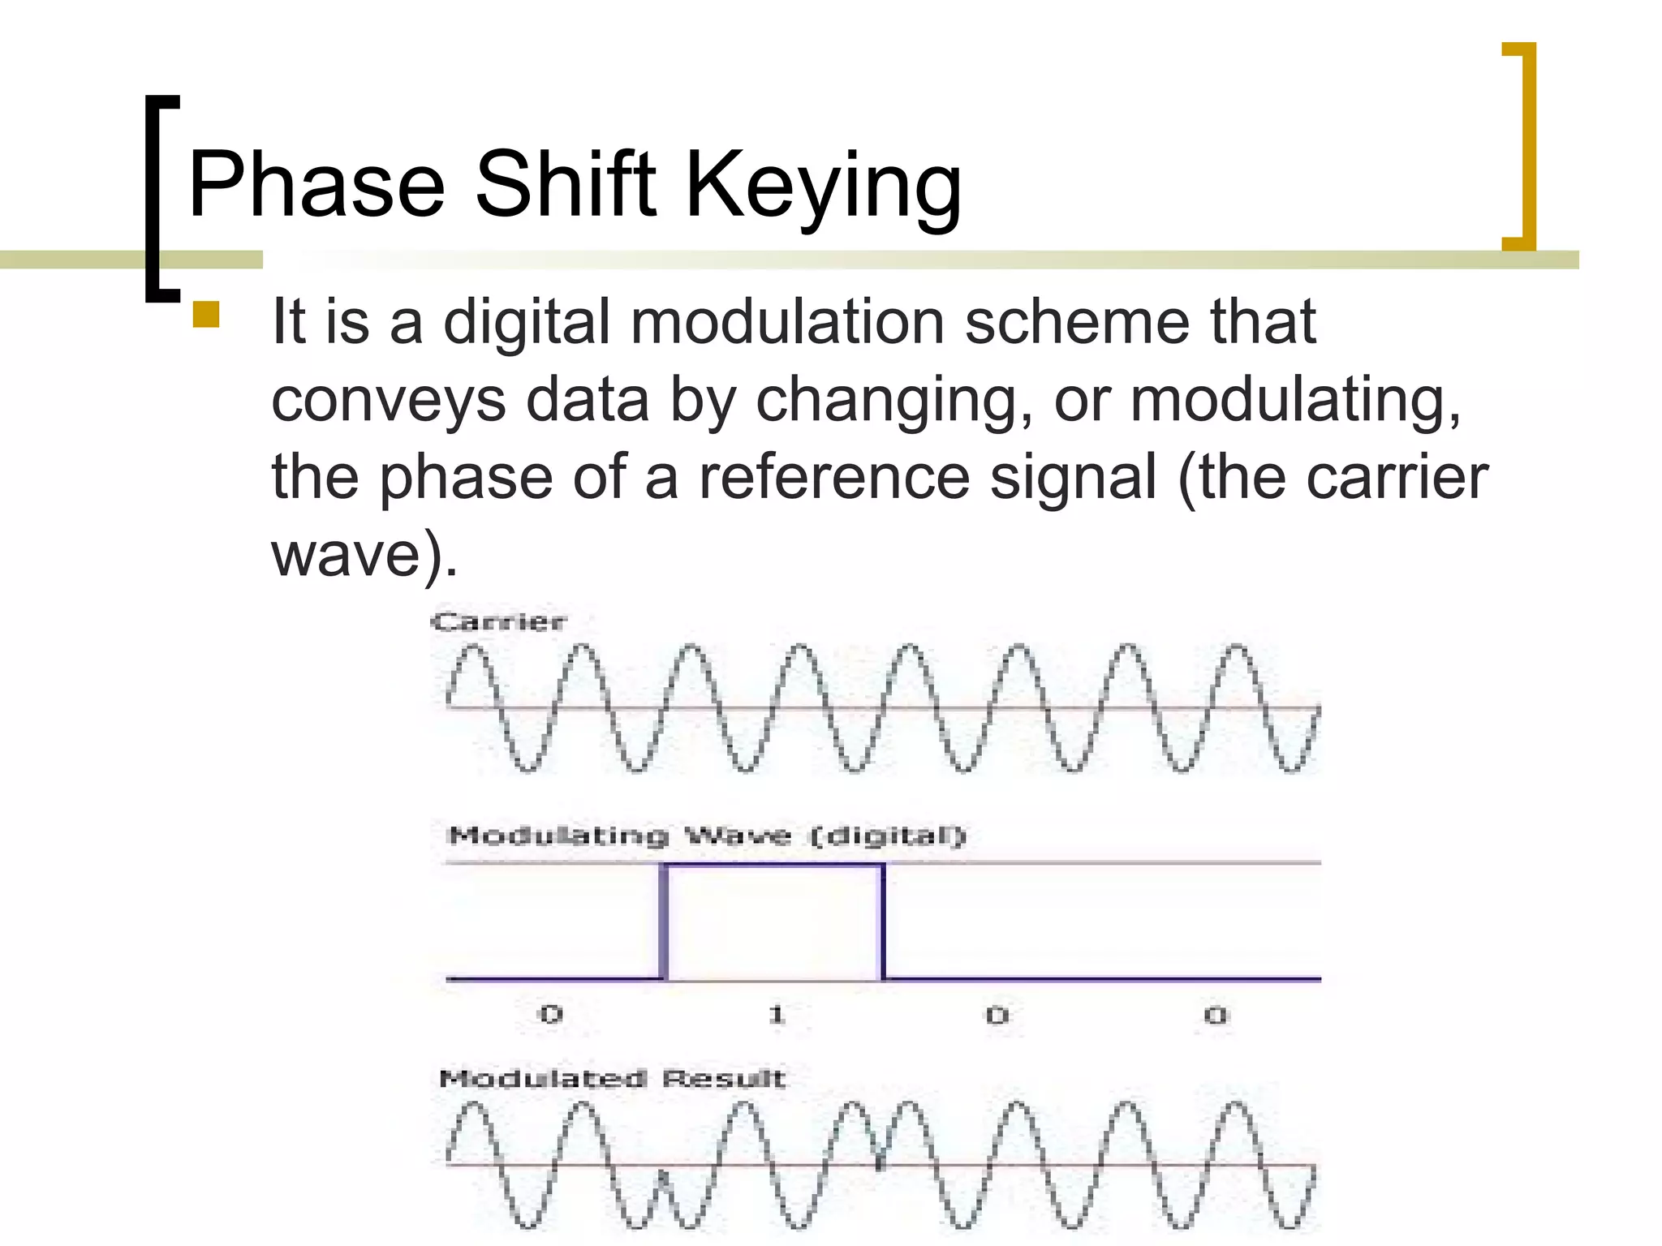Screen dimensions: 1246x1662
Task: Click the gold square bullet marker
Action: pos(206,314)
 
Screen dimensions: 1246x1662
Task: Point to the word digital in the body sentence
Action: pos(527,323)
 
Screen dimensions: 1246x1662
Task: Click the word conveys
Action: pos(388,400)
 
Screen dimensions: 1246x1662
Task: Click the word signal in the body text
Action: pos(1073,479)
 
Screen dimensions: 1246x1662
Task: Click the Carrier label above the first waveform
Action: pos(498,622)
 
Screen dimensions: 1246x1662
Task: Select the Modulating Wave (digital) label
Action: pos(706,836)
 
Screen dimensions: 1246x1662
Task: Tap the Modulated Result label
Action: pos(612,1078)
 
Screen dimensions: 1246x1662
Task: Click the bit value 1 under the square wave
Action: pos(777,1014)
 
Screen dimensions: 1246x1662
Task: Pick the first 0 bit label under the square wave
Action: pos(551,1014)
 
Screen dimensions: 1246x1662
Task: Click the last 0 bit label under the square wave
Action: pos(1215,1015)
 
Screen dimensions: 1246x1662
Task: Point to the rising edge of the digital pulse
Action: pos(664,922)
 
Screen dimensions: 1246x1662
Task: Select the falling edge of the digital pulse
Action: pos(883,922)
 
